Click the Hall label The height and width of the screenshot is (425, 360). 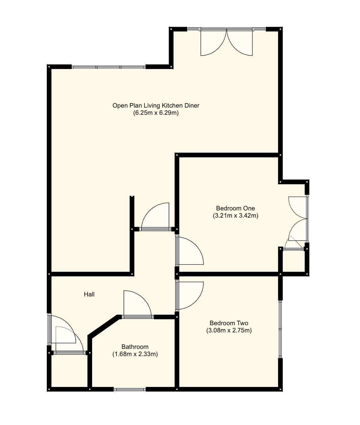tap(89, 294)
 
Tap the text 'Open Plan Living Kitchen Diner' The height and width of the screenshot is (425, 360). tap(156, 106)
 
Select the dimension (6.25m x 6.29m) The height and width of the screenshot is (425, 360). tap(156, 113)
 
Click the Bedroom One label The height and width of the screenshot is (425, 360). tap(235, 208)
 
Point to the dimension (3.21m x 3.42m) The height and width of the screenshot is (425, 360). tap(235, 215)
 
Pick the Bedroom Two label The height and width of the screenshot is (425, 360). tap(229, 323)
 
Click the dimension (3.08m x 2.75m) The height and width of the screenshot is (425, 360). tap(229, 331)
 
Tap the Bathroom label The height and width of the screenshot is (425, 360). tap(135, 347)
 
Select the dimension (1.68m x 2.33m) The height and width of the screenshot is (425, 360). tap(135, 354)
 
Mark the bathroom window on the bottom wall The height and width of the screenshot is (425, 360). tap(130, 389)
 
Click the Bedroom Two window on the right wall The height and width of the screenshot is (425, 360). tap(280, 329)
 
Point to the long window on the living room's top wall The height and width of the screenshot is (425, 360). tap(108, 67)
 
